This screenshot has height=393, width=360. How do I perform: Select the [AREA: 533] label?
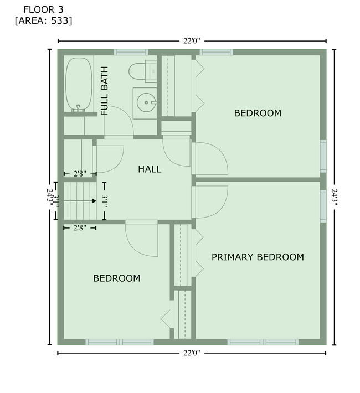[x=43, y=21]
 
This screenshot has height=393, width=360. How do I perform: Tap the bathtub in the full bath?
[x=79, y=84]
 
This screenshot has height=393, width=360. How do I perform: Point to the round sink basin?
[x=146, y=101]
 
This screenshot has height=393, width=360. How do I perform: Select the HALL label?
[x=150, y=169]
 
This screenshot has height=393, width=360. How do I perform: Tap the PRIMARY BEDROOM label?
[x=258, y=257]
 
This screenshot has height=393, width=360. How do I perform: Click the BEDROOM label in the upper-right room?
[x=258, y=113]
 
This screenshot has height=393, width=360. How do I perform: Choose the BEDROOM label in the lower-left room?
[x=116, y=278]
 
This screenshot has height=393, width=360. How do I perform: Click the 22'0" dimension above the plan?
[x=192, y=40]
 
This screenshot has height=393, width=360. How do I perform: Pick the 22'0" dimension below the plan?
[x=192, y=353]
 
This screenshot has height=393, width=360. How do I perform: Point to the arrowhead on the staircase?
[x=94, y=200]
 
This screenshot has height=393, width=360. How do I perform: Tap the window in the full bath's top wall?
[x=131, y=52]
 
